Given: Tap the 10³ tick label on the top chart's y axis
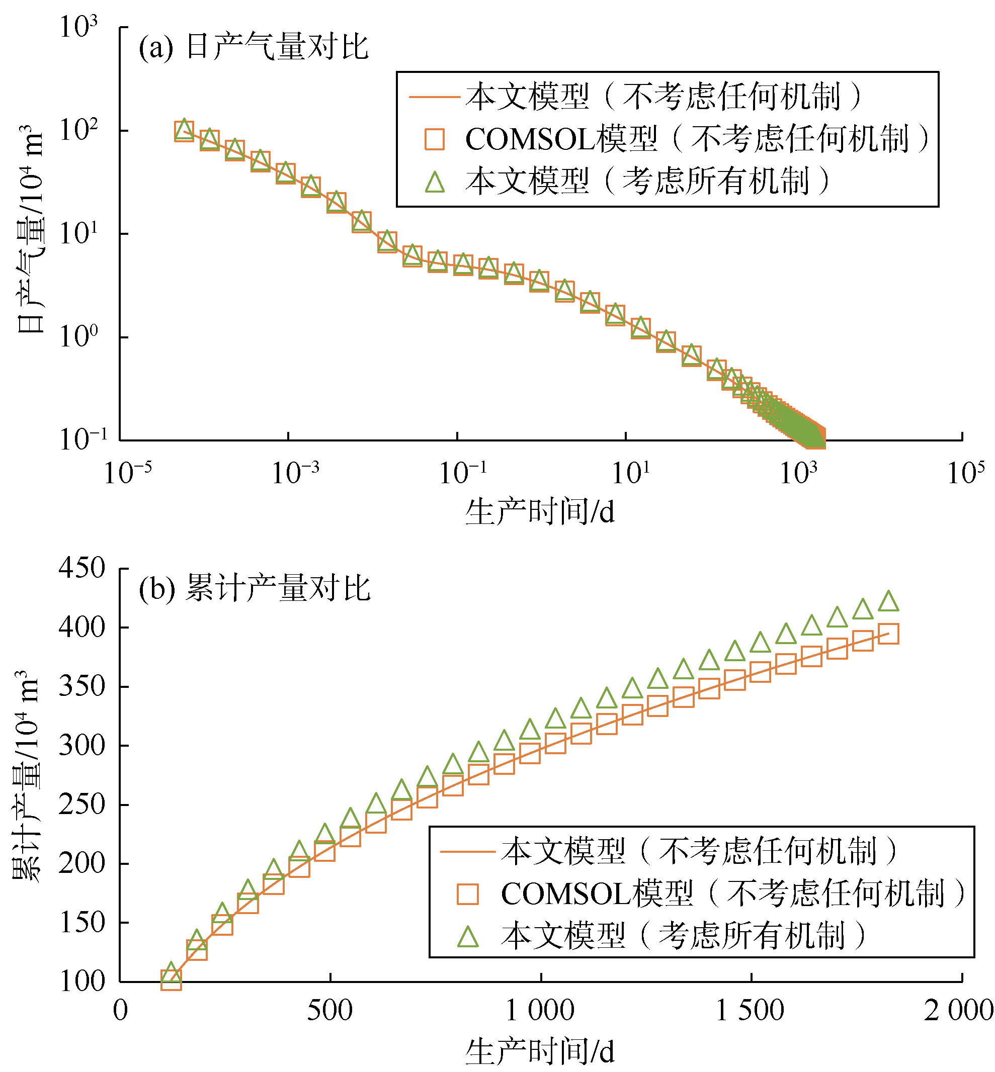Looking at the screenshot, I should click(x=78, y=27).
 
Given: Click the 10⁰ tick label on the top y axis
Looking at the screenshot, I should click(x=78, y=337).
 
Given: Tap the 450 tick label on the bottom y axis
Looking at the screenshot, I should click(x=82, y=568).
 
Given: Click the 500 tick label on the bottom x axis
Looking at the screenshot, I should click(x=329, y=1011).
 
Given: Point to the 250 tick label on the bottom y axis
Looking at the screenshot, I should click(x=82, y=805).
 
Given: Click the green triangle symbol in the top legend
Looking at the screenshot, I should click(x=435, y=182).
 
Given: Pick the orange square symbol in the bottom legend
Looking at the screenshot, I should click(x=467, y=894).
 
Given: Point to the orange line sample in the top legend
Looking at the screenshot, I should click(x=435, y=98).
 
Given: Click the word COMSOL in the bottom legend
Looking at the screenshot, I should click(x=565, y=894).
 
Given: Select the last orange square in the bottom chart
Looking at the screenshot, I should click(x=888, y=634).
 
